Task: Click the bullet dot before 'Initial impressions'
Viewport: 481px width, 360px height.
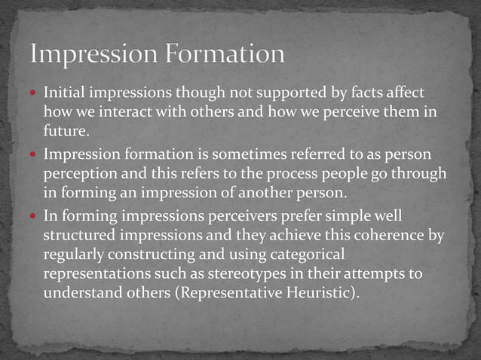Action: coord(34,93)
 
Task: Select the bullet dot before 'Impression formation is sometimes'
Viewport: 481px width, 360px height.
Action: coord(34,155)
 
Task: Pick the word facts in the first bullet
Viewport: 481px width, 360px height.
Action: coord(362,93)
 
